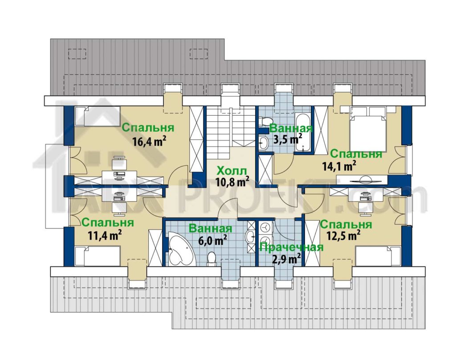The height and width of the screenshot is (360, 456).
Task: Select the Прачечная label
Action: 291,247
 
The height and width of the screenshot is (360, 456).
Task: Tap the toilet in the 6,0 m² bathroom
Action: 212,259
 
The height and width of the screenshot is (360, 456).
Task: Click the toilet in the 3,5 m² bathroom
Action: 265,121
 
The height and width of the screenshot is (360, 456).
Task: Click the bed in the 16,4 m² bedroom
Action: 98,116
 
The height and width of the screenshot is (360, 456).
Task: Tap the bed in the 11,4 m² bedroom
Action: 98,256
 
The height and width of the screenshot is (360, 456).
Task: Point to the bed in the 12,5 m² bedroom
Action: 378,256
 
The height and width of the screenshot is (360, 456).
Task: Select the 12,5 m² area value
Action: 344,235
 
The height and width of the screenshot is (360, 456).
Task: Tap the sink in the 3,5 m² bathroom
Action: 264,143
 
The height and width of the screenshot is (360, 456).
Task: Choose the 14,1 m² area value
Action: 339,166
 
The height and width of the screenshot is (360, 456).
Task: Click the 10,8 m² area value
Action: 232,182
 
